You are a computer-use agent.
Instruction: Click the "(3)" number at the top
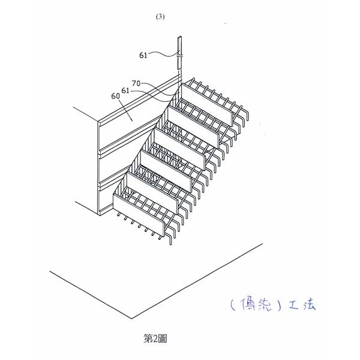(160, 17)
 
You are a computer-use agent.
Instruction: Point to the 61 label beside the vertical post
(144, 55)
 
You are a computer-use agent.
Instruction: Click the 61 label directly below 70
(125, 90)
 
